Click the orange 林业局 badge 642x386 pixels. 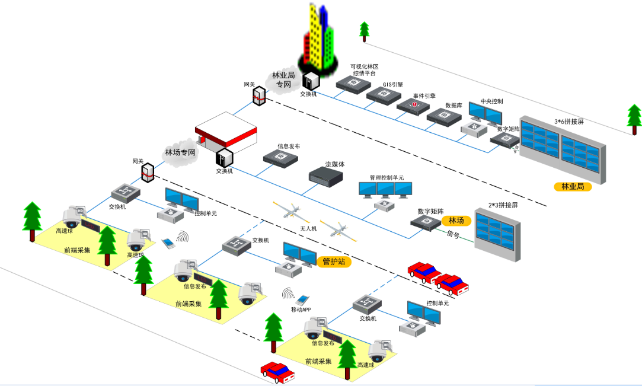tap(573, 186)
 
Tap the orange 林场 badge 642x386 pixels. tap(456, 221)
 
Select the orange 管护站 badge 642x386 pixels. tap(333, 261)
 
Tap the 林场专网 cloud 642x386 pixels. tap(180, 153)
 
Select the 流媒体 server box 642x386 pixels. tap(326, 175)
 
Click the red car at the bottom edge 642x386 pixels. tap(277, 371)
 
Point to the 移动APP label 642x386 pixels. tap(301, 310)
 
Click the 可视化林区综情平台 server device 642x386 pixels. tap(353, 84)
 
